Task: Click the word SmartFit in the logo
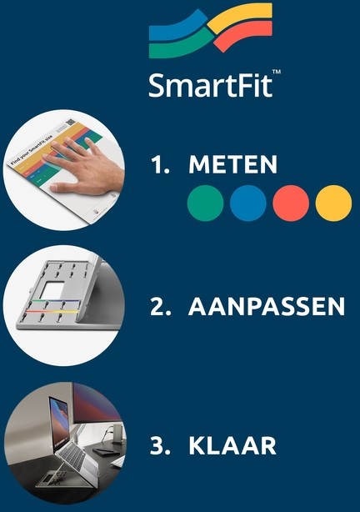pos(211,85)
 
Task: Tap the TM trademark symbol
pos(276,72)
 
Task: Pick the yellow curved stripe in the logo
pos(240,17)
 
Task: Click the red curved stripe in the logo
pos(243,34)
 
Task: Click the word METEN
pos(232,164)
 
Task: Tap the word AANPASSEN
pos(267,306)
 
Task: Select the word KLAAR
pos(232,445)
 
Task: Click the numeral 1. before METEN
pos(160,164)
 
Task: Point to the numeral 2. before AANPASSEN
pos(160,306)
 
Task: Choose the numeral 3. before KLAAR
pos(160,445)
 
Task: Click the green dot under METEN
pos(205,203)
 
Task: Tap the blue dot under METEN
pos(248,203)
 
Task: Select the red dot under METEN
pos(291,203)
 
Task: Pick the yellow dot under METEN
pos(333,203)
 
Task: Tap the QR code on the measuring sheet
pos(71,123)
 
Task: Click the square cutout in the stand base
pos(52,291)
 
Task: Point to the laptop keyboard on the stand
pos(73,456)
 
